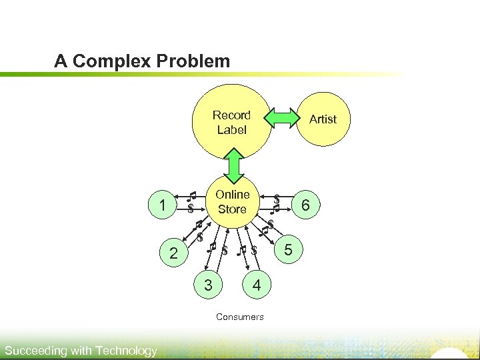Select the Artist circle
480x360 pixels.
323,119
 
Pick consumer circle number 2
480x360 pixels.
173,253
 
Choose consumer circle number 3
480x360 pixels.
209,285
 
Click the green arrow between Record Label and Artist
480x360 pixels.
281,119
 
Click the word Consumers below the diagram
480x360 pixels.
239,317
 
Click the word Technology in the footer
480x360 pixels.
126,351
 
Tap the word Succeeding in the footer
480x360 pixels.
35,351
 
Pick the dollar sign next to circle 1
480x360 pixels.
190,209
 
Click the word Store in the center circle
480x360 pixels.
232,209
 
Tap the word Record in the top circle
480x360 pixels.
231,115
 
